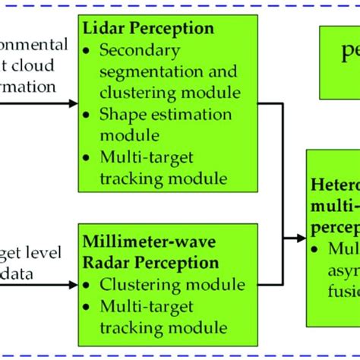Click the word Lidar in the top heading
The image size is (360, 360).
click(x=105, y=30)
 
